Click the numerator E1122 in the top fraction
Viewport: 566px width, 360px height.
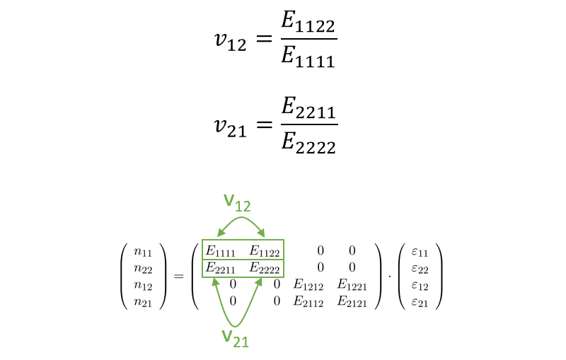(x=308, y=23)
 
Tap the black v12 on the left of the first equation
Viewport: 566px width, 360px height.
(x=231, y=41)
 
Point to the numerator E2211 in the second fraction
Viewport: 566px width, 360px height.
(x=308, y=108)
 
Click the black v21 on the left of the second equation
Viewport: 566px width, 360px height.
(x=231, y=128)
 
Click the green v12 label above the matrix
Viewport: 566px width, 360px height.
(x=237, y=203)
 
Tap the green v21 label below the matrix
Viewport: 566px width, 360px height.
(x=236, y=339)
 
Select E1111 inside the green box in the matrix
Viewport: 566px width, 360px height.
(x=221, y=250)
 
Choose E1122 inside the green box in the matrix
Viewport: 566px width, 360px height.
(x=265, y=250)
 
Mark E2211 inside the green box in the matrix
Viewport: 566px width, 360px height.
(x=221, y=268)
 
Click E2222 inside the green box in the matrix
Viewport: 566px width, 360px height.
(x=265, y=268)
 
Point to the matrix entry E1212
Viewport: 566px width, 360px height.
(x=308, y=284)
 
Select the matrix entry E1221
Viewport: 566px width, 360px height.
(x=352, y=284)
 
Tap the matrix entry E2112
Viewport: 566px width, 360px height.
(x=308, y=301)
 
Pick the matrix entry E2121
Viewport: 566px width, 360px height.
(x=352, y=301)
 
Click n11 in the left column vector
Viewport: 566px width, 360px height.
(x=143, y=252)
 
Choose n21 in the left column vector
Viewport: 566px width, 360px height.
(x=143, y=302)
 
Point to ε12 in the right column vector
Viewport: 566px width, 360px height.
(x=420, y=286)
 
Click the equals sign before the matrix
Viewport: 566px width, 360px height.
(x=179, y=277)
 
